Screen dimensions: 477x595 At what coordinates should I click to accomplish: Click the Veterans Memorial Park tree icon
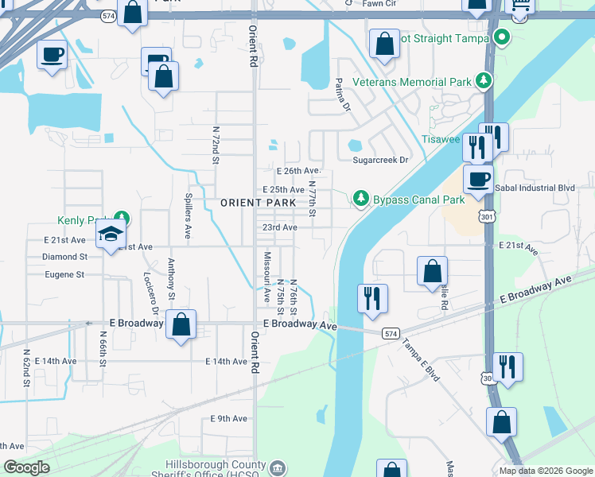pyautogui.click(x=483, y=80)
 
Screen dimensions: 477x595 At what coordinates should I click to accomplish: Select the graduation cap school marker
pyautogui.click(x=111, y=234)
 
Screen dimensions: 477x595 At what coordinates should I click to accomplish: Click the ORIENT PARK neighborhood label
pyautogui.click(x=253, y=203)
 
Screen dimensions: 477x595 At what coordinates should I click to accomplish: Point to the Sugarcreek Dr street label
pyautogui.click(x=380, y=160)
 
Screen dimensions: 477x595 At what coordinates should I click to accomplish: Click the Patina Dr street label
pyautogui.click(x=342, y=95)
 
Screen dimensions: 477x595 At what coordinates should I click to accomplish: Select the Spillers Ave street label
pyautogui.click(x=189, y=219)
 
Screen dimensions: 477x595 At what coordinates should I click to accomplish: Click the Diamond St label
pyautogui.click(x=65, y=257)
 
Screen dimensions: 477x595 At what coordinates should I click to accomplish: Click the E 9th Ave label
pyautogui.click(x=229, y=418)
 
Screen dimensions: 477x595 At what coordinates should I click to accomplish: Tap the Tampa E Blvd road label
pyautogui.click(x=420, y=358)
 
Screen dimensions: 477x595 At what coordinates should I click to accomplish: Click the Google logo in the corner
pyautogui.click(x=27, y=467)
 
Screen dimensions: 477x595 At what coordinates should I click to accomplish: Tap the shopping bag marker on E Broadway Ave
pyautogui.click(x=181, y=325)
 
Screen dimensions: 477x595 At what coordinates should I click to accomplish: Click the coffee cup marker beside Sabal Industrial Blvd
pyautogui.click(x=477, y=179)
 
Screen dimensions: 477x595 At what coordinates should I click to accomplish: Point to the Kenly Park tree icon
pyautogui.click(x=121, y=217)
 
